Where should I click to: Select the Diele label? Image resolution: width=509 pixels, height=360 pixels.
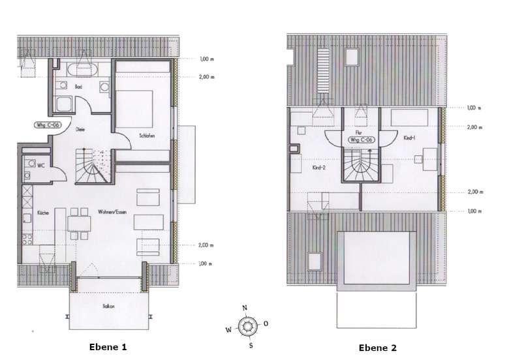[80, 128]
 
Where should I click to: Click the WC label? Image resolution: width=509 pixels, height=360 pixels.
[40, 165]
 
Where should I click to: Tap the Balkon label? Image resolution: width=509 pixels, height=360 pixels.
[108, 305]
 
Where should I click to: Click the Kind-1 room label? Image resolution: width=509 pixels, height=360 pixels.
[410, 138]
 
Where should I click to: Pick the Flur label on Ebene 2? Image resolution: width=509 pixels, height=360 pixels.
[360, 132]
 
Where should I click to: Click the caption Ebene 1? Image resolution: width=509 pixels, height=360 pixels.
[107, 347]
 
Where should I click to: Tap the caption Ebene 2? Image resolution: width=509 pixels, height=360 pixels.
[377, 348]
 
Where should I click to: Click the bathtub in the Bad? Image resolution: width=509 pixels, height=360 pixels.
[82, 68]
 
